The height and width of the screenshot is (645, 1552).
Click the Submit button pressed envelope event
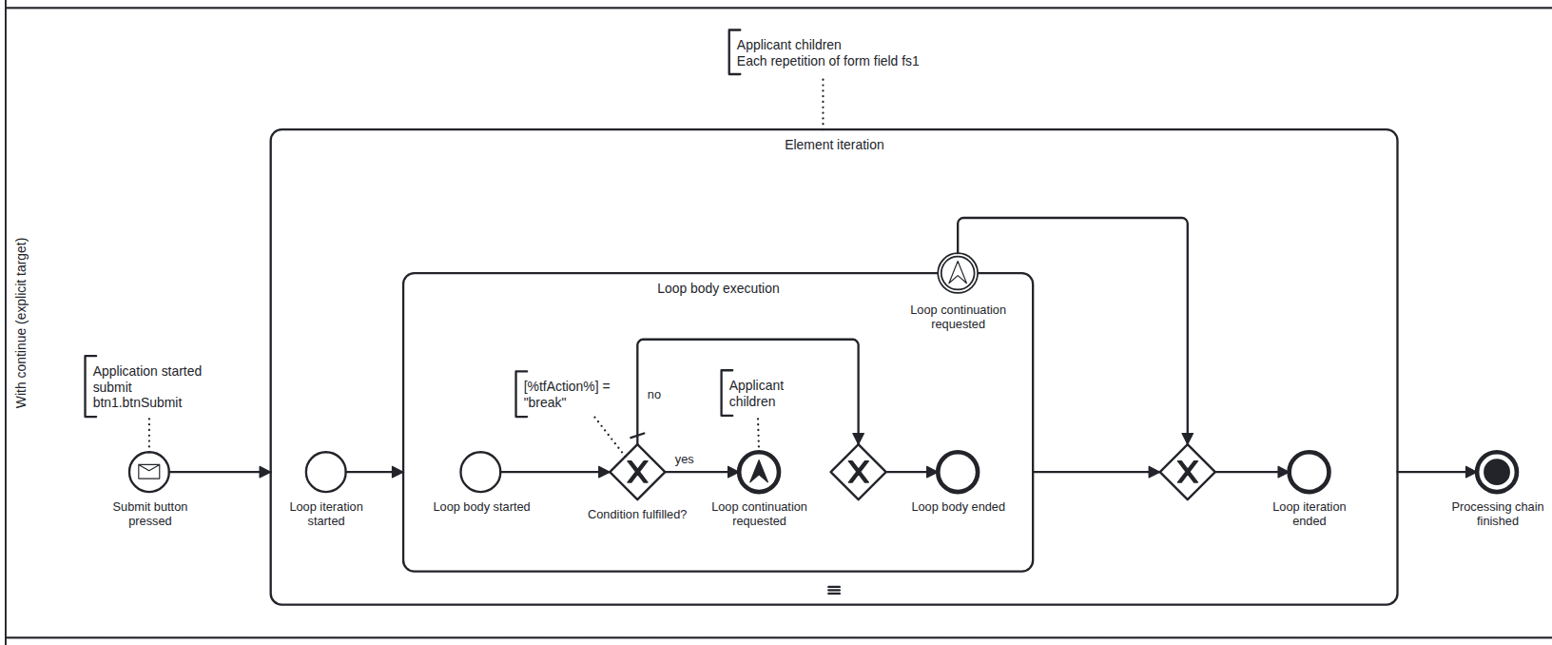pyautogui.click(x=149, y=471)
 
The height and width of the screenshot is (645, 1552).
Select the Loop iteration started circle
pyautogui.click(x=326, y=472)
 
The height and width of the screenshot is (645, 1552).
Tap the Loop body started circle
pyautogui.click(x=480, y=472)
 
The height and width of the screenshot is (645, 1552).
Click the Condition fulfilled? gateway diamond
pyautogui.click(x=637, y=472)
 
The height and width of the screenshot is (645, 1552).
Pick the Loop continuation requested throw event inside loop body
pyautogui.click(x=759, y=472)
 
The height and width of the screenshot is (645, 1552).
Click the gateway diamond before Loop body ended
pyautogui.click(x=858, y=472)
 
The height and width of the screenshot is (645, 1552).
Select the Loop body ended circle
pyautogui.click(x=958, y=472)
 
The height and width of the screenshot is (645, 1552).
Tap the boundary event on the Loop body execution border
pyautogui.click(x=958, y=274)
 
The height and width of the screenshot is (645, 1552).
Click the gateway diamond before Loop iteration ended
pyautogui.click(x=1187, y=472)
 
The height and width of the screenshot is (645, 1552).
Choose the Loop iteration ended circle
pyautogui.click(x=1309, y=472)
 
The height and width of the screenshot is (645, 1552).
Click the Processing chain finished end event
pyautogui.click(x=1497, y=472)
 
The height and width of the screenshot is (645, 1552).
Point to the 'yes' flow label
pyautogui.click(x=684, y=459)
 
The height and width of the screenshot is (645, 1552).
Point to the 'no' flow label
pyautogui.click(x=654, y=395)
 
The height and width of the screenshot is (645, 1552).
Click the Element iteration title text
pyautogui.click(x=834, y=145)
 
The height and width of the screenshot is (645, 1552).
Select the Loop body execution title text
pyautogui.click(x=718, y=288)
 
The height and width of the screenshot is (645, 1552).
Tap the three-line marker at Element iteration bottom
pyautogui.click(x=834, y=591)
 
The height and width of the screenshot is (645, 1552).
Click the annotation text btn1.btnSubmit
pyautogui.click(x=138, y=402)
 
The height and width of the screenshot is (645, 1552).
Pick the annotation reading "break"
pyautogui.click(x=545, y=402)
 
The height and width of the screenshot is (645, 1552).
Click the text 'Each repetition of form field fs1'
pyautogui.click(x=827, y=61)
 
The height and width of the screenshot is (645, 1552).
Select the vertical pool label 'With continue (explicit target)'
pyautogui.click(x=22, y=323)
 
